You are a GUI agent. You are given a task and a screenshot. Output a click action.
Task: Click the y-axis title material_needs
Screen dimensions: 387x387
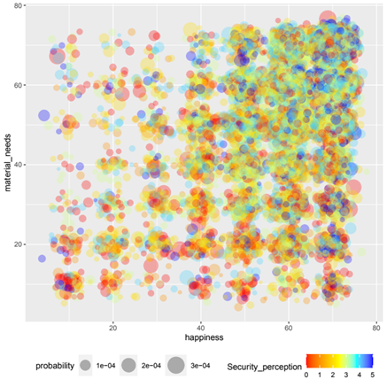pyautogui.click(x=8, y=165)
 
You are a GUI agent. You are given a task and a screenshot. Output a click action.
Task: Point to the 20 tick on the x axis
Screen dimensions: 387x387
pyautogui.click(x=113, y=328)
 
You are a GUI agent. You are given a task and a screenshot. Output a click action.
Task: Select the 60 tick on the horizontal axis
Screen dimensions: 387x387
pyautogui.click(x=289, y=328)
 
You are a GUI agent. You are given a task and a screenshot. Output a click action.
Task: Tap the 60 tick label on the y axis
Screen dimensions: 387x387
pyautogui.click(x=17, y=85)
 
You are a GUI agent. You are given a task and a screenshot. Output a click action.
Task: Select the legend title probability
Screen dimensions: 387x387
pyautogui.click(x=59, y=364)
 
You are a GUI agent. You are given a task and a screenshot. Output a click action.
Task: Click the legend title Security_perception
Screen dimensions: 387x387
pyautogui.click(x=263, y=365)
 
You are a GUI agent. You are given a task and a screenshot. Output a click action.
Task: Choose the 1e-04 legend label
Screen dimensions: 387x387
pyautogui.click(x=108, y=364)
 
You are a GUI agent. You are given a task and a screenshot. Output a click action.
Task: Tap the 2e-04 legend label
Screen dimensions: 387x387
pyautogui.click(x=151, y=364)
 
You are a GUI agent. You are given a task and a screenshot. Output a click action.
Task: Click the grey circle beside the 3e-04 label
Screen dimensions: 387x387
pyautogui.click(x=175, y=364)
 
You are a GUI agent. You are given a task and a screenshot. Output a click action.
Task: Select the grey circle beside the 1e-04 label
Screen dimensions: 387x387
pyautogui.click(x=86, y=364)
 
